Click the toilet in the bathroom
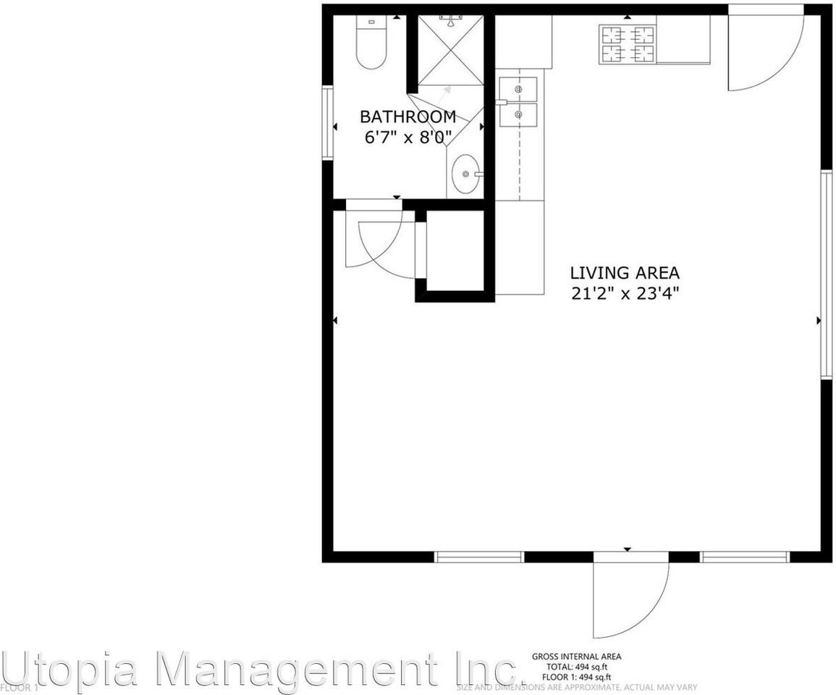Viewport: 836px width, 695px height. point(371,46)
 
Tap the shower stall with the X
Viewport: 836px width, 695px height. point(450,50)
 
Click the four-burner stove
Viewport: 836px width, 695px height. point(627,44)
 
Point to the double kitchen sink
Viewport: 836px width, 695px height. point(518,101)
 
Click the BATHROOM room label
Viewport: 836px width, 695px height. point(408,117)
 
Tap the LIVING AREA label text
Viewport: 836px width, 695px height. point(625,273)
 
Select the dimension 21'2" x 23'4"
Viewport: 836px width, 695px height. point(625,293)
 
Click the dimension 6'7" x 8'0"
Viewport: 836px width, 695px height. point(408,137)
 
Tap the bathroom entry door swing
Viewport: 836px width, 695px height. point(376,243)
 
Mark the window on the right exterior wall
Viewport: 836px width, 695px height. point(826,275)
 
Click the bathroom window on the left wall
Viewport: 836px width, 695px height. point(327,122)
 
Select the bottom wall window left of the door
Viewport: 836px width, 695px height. point(478,557)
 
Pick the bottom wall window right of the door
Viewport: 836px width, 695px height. point(745,557)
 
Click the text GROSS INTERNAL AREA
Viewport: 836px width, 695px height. point(576,657)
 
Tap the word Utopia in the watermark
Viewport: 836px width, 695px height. point(69,669)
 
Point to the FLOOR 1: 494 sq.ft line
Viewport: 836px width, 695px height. point(576,676)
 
